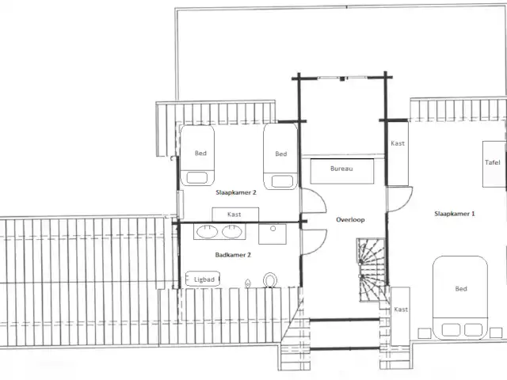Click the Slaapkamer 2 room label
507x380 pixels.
coord(236,192)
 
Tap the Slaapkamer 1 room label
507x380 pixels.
coord(455,214)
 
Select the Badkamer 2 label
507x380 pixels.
coord(233,255)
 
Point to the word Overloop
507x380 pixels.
coord(350,220)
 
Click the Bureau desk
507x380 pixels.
coord(342,171)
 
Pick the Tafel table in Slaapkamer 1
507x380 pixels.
coord(494,164)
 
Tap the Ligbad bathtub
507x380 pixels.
coord(203,279)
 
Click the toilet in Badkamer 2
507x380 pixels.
coord(270,279)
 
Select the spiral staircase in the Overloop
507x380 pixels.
coord(372,269)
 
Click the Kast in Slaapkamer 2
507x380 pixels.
coord(235,215)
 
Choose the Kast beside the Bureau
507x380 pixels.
coord(398,154)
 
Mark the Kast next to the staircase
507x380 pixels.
coord(400,317)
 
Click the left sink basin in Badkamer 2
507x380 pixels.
coord(207,232)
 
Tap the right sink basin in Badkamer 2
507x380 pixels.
coord(231,232)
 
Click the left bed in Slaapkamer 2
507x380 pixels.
coord(197,155)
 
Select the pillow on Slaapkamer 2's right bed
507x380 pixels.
coord(282,181)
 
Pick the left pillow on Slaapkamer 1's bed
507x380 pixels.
coord(451,330)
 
